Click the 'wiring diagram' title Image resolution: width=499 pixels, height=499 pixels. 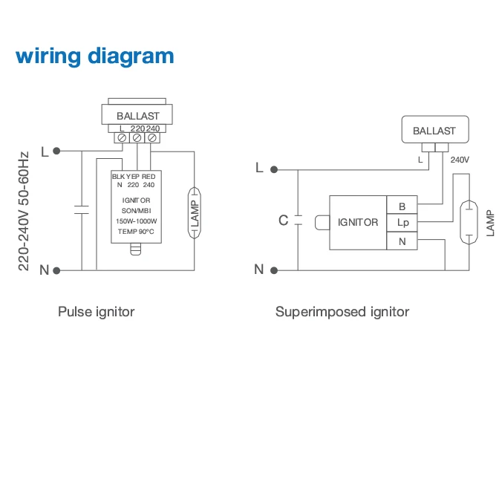[x=94, y=56]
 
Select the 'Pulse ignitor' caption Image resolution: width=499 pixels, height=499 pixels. [x=97, y=312]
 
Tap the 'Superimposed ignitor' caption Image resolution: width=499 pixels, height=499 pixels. [x=342, y=312]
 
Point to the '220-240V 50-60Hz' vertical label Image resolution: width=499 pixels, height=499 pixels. [x=24, y=211]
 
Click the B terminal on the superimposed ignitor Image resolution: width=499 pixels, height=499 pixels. [x=402, y=206]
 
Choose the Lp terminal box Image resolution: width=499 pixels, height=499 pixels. [x=402, y=223]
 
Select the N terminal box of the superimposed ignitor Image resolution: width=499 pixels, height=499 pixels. [x=402, y=241]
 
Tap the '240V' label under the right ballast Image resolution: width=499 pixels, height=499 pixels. [x=460, y=160]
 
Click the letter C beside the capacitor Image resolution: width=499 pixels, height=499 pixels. [x=283, y=221]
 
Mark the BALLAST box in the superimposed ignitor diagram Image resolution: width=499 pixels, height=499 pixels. [x=434, y=131]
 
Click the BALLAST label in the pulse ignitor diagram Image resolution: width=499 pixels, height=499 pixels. [x=137, y=116]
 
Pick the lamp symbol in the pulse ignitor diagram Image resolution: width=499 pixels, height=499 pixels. [x=195, y=212]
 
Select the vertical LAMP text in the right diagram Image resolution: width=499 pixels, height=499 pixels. [x=490, y=223]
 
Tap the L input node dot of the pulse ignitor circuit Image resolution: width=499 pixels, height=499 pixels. [x=56, y=151]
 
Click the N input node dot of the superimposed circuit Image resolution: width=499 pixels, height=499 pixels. [x=275, y=269]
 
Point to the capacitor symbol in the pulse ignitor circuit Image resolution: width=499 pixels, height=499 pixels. [x=80, y=210]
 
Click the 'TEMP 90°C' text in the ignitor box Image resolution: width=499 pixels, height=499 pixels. [x=135, y=232]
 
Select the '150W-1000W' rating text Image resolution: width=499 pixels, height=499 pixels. [x=135, y=221]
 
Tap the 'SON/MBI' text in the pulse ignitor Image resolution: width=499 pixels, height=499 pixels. [x=135, y=211]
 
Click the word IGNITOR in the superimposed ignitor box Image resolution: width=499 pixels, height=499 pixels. [x=358, y=223]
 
